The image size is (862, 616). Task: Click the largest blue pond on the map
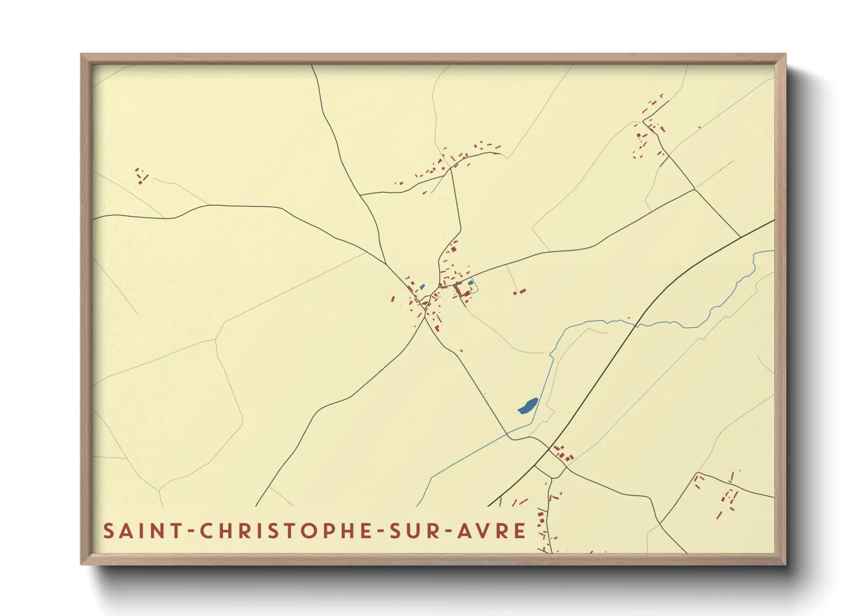[x=528, y=405]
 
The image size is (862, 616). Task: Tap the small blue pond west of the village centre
[x=421, y=286]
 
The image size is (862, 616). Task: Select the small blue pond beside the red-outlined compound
[x=471, y=284]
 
